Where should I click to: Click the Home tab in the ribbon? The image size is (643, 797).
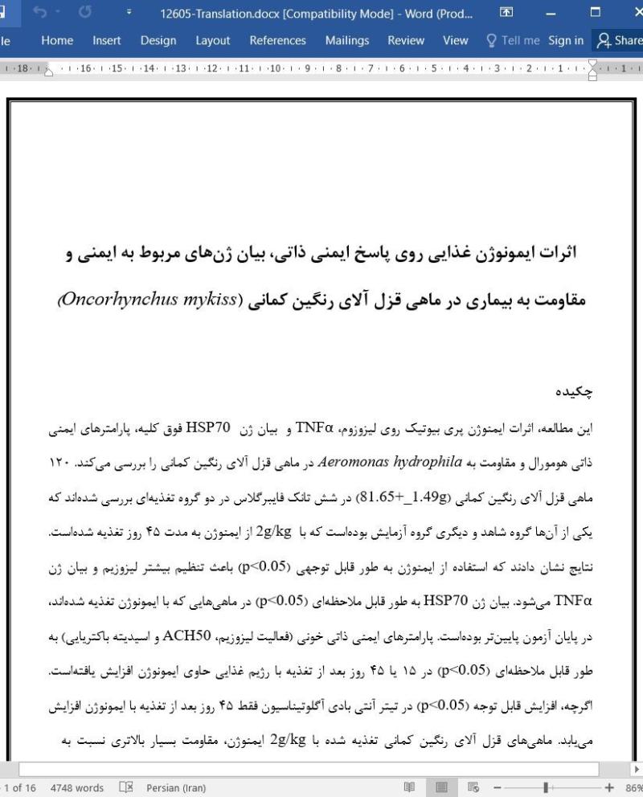pos(57,40)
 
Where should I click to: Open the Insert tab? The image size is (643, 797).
pos(107,40)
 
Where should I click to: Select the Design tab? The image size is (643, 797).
pos(158,40)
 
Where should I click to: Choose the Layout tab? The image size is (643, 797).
pos(212,40)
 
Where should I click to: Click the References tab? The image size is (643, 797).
pos(277,40)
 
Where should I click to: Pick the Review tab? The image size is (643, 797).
pos(406,40)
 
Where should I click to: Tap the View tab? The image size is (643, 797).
pos(455,40)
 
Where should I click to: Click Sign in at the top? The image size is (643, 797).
pos(566,40)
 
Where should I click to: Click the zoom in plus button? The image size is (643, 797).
pos(608,787)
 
